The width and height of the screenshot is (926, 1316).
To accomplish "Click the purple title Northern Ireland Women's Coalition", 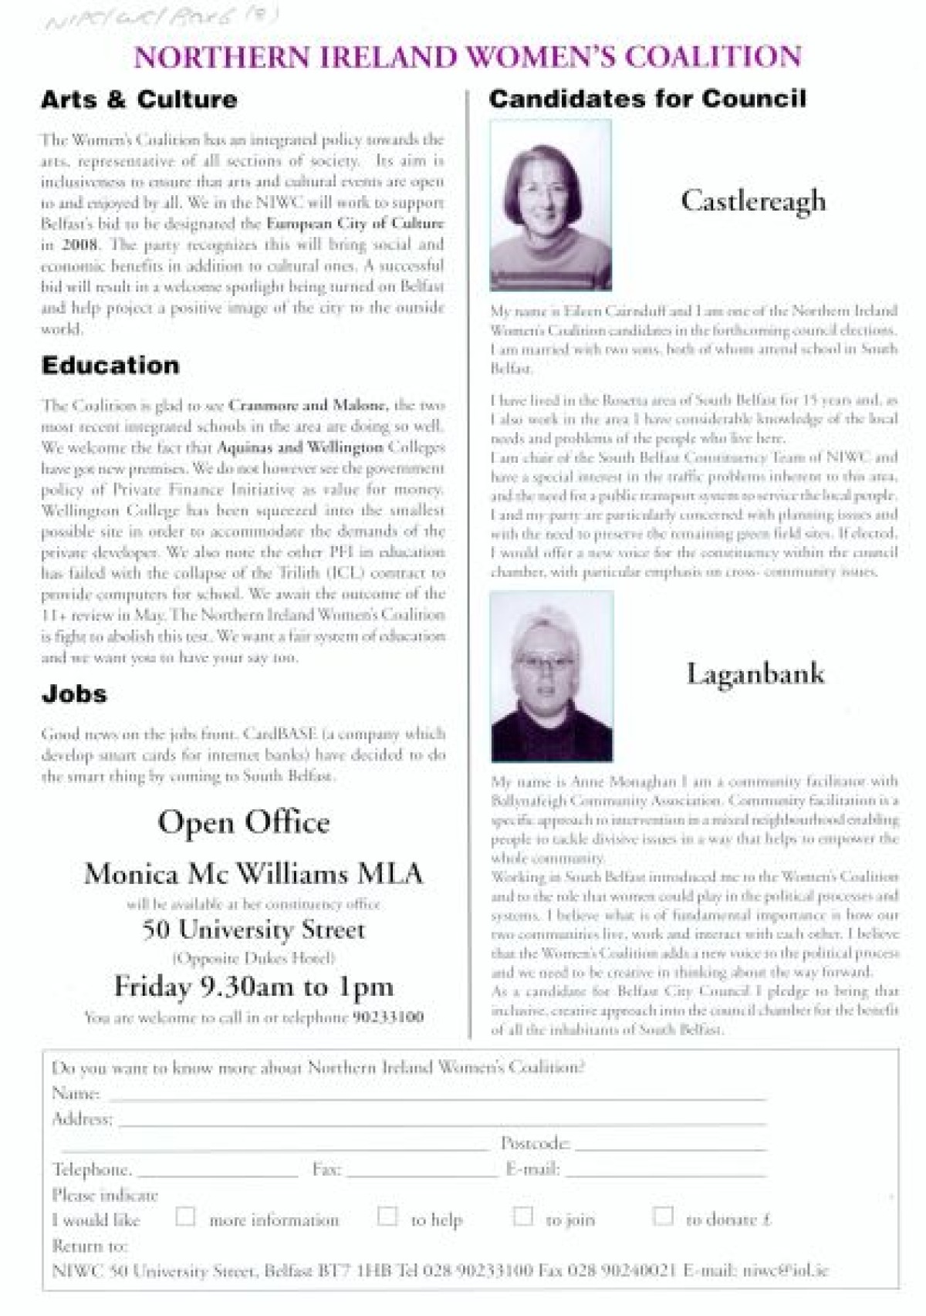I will tap(468, 57).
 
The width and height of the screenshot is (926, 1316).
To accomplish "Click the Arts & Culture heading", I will tap(139, 100).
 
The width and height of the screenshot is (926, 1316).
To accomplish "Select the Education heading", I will tap(110, 365).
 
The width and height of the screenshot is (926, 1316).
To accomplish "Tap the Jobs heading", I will tap(74, 693).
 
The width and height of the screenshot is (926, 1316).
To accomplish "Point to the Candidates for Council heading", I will tap(647, 99).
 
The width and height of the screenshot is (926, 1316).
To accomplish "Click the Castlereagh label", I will tap(753, 201).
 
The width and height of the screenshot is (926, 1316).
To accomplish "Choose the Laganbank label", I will tap(755, 673).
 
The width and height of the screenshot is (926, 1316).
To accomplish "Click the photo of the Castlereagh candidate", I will tap(551, 205).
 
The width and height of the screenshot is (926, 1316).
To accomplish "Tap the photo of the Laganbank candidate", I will tap(552, 677).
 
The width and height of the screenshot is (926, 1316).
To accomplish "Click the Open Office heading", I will tap(244, 822).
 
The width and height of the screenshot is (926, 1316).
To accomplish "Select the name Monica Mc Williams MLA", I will tap(254, 874).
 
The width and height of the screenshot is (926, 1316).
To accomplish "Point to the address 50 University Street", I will tap(254, 930).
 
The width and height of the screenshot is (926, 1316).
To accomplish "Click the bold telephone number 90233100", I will tap(388, 1017).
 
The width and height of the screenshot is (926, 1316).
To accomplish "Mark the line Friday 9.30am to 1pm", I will tap(254, 987).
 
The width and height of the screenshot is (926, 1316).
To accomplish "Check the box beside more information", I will tap(185, 1216).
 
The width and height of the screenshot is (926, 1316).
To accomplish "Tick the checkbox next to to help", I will tap(387, 1216).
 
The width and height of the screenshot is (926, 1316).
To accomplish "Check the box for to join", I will tap(523, 1216).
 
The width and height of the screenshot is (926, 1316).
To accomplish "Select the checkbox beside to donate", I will tap(663, 1216).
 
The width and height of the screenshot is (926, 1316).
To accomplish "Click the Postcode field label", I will tap(535, 1142).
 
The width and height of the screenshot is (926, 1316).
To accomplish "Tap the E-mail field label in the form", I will tap(532, 1169).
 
